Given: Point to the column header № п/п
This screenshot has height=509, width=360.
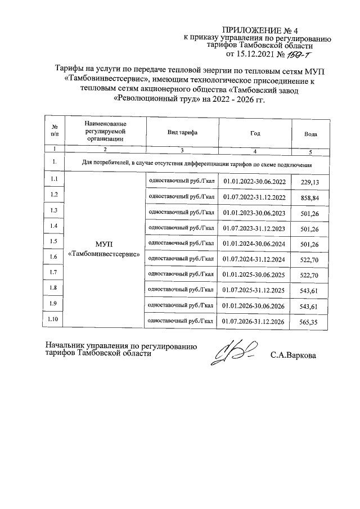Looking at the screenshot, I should [55, 130].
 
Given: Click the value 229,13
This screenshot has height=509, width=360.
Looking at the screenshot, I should [310, 182].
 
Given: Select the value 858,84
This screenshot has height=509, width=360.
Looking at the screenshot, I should [310, 198].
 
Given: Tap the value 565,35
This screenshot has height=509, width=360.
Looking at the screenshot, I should [310, 322].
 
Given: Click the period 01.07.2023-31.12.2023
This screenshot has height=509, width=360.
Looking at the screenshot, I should [255, 229].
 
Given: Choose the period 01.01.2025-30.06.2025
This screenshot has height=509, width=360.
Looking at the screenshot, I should [255, 274].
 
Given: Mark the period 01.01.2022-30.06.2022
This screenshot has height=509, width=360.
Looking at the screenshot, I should [255, 181].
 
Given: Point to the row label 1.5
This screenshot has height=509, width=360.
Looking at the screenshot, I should [55, 242].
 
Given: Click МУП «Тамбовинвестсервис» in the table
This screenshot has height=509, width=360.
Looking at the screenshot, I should [105, 249].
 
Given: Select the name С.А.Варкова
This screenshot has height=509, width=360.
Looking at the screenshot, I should [293, 355].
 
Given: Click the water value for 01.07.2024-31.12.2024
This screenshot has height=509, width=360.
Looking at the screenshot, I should [310, 259].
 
